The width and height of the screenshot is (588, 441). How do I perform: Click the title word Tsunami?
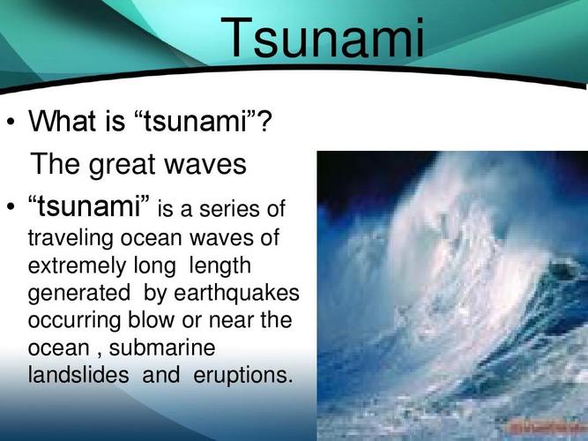(x=323, y=38)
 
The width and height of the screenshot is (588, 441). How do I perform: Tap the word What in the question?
(x=63, y=121)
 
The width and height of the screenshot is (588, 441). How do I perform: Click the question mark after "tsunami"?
(x=264, y=121)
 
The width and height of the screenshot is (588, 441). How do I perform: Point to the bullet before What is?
(x=11, y=122)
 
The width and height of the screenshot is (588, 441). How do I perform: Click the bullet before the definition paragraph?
(x=11, y=206)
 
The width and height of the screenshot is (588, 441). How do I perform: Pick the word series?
(x=228, y=209)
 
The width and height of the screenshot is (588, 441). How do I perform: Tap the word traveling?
(x=71, y=238)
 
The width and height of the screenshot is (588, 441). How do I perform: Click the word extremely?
(x=77, y=266)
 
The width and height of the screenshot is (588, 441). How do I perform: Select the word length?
(x=220, y=265)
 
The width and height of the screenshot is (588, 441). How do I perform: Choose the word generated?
(x=79, y=293)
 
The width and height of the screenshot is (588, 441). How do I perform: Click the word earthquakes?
(x=236, y=293)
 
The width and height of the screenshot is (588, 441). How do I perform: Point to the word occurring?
(x=74, y=321)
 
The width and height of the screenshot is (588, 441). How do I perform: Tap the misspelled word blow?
(x=151, y=320)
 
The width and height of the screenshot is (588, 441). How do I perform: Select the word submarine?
(x=162, y=348)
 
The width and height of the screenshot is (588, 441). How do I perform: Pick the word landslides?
(x=78, y=375)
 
